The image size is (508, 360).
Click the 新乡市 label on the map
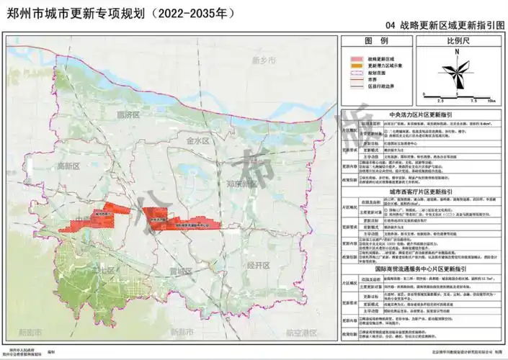click(x=264, y=61)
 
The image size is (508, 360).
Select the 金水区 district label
click(x=195, y=140)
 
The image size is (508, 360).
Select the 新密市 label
click(x=30, y=332)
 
